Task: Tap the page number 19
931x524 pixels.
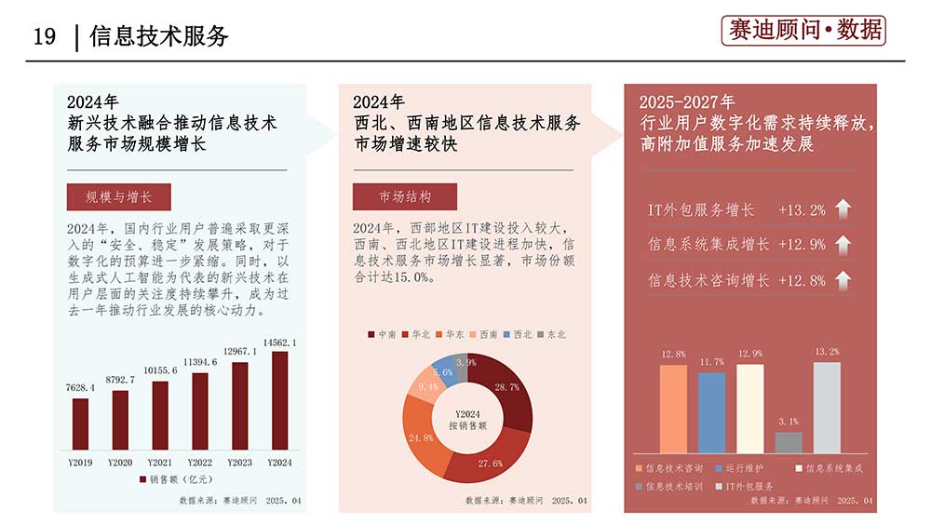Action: pyautogui.click(x=45, y=36)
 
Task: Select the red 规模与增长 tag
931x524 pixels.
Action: pyautogui.click(x=118, y=197)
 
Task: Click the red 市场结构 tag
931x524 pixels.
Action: pyautogui.click(x=405, y=197)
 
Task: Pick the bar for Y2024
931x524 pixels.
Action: pyautogui.click(x=280, y=400)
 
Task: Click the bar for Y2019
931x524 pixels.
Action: pyautogui.click(x=81, y=423)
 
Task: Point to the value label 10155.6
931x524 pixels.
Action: pyautogui.click(x=160, y=371)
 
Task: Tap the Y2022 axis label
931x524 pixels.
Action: pyautogui.click(x=200, y=463)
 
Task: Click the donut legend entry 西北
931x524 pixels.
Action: pyautogui.click(x=519, y=334)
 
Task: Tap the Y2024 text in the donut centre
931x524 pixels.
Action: pyautogui.click(x=466, y=412)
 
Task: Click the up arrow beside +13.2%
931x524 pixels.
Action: pyautogui.click(x=843, y=209)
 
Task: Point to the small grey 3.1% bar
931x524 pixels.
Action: pyautogui.click(x=788, y=442)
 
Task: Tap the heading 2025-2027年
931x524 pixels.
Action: pyautogui.click(x=686, y=101)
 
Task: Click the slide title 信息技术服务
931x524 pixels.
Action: pyautogui.click(x=159, y=36)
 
